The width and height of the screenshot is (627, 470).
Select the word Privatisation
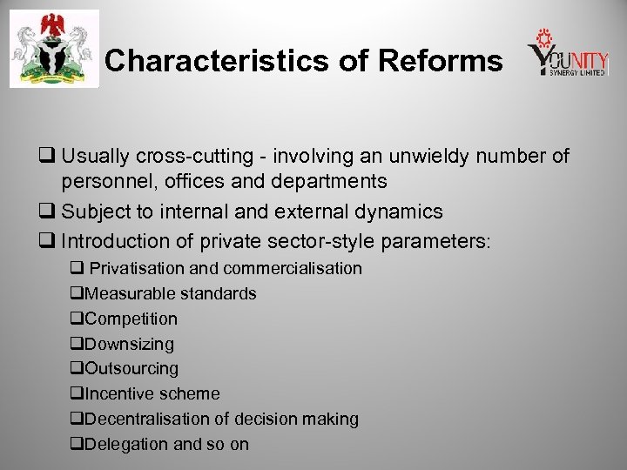[138, 269]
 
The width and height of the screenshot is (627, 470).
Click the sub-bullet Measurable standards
[170, 294]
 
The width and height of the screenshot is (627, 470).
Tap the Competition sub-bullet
[131, 319]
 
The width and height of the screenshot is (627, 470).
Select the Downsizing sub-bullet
[129, 345]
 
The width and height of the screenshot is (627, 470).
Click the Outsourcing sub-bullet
[131, 369]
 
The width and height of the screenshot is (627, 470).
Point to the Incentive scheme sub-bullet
[152, 394]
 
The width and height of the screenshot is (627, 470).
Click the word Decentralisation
[147, 420]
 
